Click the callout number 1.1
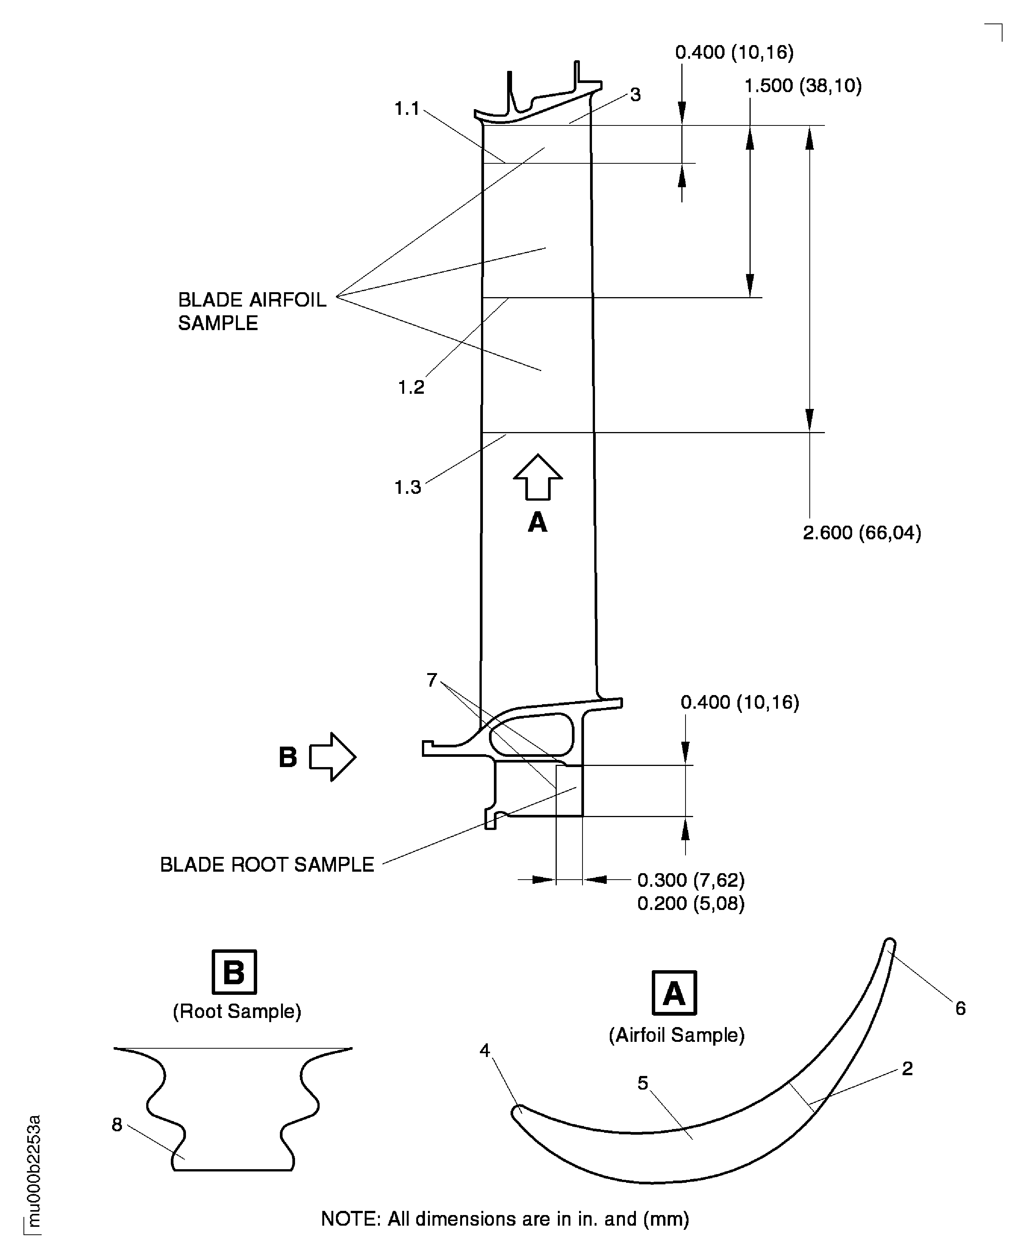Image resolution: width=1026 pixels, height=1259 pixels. (x=407, y=109)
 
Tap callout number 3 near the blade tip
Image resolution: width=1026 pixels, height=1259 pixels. (x=636, y=95)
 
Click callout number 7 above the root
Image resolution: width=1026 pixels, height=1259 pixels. (x=432, y=681)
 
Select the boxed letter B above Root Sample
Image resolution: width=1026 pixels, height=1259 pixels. (x=234, y=972)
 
